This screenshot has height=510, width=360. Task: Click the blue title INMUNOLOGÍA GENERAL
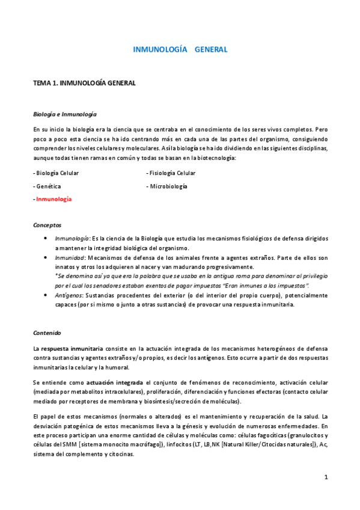coord(180,49)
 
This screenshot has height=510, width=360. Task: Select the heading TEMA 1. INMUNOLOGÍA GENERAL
coord(84,82)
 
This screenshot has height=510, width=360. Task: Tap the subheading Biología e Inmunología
coord(65,114)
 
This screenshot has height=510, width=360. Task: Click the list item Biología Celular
coord(56,173)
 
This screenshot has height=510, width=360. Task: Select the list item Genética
coord(47,186)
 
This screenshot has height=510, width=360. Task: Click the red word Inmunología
coord(53,199)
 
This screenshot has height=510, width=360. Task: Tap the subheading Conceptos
coord(47,226)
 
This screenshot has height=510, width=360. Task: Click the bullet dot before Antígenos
coord(47,295)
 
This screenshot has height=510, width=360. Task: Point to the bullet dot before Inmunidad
coord(47,257)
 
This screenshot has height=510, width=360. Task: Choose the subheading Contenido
coord(47,333)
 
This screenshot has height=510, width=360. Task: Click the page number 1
coord(325,478)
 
